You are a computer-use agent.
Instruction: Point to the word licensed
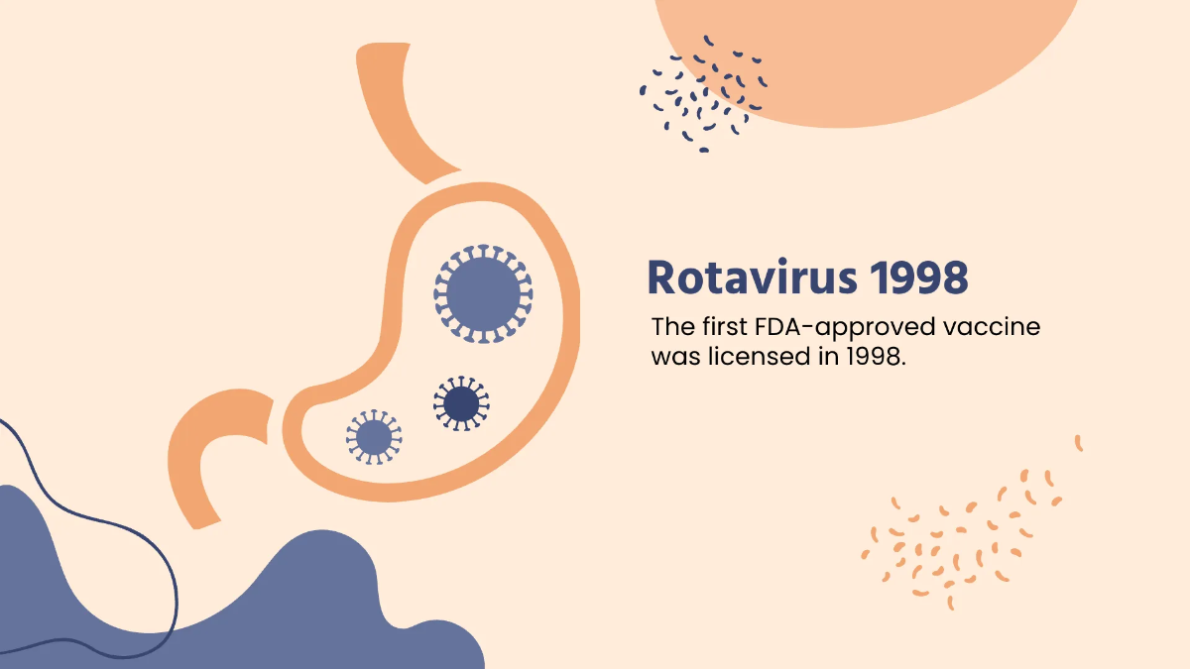(751, 357)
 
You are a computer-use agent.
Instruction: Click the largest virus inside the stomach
(483, 294)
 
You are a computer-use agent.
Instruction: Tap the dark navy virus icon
(461, 403)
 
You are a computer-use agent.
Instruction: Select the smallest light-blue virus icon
(373, 436)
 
